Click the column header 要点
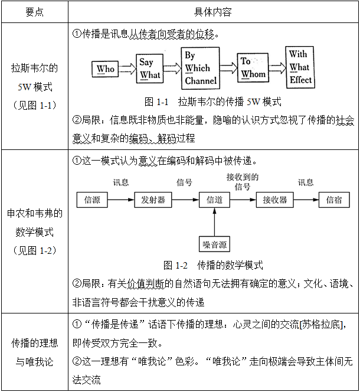point(34,12)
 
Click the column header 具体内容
point(212,12)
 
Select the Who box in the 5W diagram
point(106,69)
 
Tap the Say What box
point(150,68)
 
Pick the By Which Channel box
point(201,68)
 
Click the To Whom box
point(253,68)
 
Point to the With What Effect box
point(301,67)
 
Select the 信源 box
point(92,200)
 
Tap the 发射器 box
point(153,200)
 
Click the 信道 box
point(214,200)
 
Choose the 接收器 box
point(275,200)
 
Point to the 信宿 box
point(334,200)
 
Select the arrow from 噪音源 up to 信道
point(214,222)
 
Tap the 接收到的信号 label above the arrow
point(243,182)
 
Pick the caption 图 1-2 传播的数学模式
point(213,265)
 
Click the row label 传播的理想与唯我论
point(34,352)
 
